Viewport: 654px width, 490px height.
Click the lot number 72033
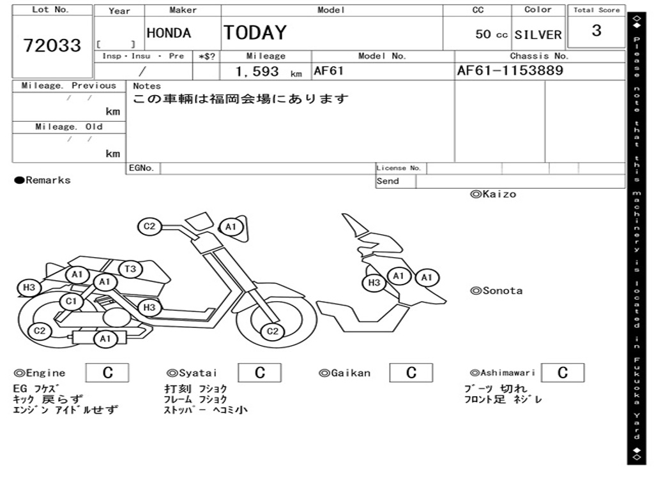pyautogui.click(x=52, y=45)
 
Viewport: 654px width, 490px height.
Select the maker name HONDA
pyautogui.click(x=169, y=33)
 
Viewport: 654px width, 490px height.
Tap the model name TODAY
pyautogui.click(x=255, y=33)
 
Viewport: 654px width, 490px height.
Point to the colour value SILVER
pyautogui.click(x=538, y=35)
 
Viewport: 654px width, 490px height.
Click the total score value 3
pyautogui.click(x=596, y=31)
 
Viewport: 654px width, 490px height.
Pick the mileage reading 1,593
pyautogui.click(x=257, y=71)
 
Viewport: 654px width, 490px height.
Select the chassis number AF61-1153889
pyautogui.click(x=510, y=71)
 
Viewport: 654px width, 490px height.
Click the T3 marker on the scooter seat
pyautogui.click(x=130, y=269)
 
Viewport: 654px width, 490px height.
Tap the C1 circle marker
pyautogui.click(x=71, y=301)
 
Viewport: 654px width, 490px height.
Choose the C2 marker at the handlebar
pyautogui.click(x=149, y=226)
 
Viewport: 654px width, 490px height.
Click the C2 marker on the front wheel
pyautogui.click(x=273, y=330)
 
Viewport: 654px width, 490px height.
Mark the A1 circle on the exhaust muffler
pyautogui.click(x=105, y=339)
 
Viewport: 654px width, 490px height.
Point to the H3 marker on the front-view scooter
pyautogui.click(x=374, y=283)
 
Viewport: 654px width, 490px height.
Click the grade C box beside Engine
pyautogui.click(x=107, y=373)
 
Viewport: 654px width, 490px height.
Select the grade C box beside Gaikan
pyautogui.click(x=411, y=373)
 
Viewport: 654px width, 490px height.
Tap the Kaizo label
pyautogui.click(x=493, y=194)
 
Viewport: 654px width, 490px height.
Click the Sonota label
pyautogui.click(x=496, y=291)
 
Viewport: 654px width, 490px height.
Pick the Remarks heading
pyautogui.click(x=43, y=181)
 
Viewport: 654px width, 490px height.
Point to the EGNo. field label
pyautogui.click(x=141, y=168)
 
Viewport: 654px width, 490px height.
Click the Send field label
pyautogui.click(x=388, y=181)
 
